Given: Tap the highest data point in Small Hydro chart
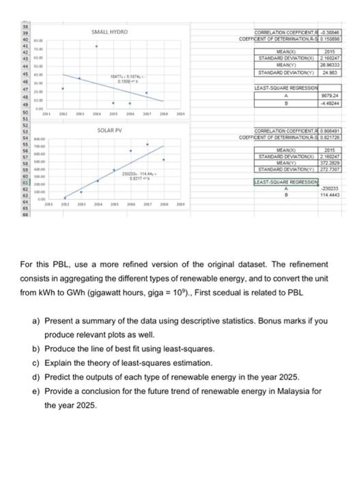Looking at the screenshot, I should pos(96,47).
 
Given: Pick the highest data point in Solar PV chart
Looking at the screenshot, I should pos(147,144).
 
